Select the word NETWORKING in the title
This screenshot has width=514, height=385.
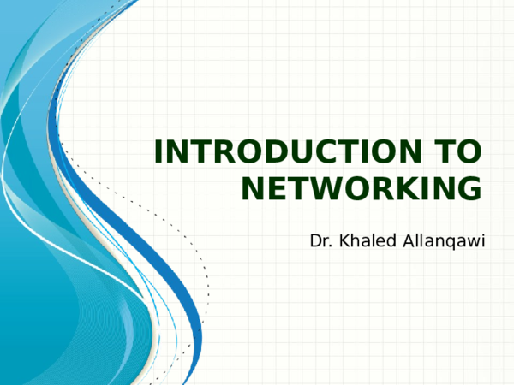(362, 187)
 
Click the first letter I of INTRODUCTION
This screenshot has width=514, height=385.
(158, 152)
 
